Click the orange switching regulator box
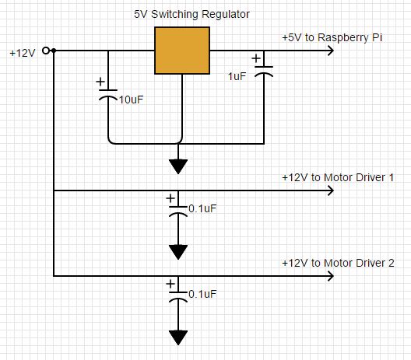point(182,51)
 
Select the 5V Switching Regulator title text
point(191,14)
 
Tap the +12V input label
point(23,53)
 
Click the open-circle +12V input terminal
point(46,51)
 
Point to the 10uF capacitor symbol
point(108,95)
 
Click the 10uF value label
point(131,100)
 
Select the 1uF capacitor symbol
point(264,72)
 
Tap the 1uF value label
point(237,76)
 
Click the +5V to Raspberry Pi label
point(332,37)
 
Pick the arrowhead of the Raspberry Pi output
point(331,51)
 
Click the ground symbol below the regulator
point(178,166)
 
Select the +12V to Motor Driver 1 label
point(338,178)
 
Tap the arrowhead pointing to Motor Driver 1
point(331,190)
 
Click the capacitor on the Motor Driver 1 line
point(178,211)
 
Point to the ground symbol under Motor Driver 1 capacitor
point(178,252)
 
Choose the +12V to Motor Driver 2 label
point(338,263)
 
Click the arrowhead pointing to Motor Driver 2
point(331,276)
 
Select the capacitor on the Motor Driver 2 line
point(178,297)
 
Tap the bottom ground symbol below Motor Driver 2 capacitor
point(178,337)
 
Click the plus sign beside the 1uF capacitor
point(256,58)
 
